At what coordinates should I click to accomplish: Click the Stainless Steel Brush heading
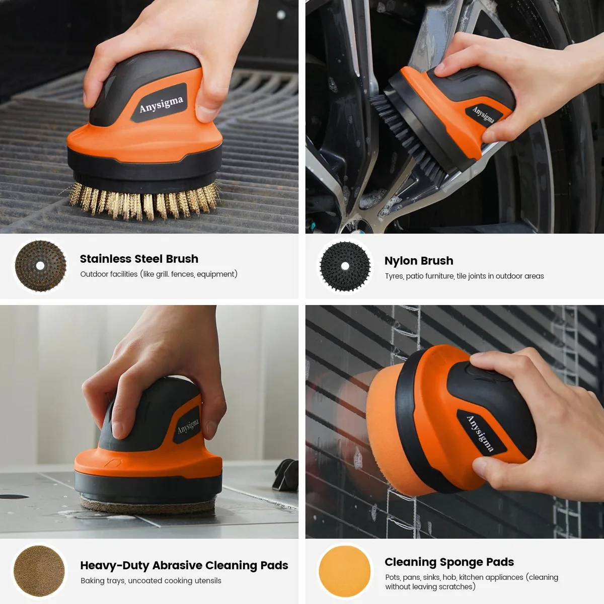pyautogui.click(x=139, y=259)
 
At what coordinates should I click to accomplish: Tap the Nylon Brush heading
pyautogui.click(x=419, y=261)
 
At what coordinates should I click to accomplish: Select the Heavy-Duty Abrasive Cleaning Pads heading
pyautogui.click(x=184, y=565)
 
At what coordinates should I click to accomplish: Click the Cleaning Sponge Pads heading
pyautogui.click(x=449, y=562)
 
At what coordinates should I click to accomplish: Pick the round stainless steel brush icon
pyautogui.click(x=40, y=266)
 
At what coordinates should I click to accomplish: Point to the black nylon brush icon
pyautogui.click(x=345, y=266)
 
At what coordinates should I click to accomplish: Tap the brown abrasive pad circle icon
pyautogui.click(x=39, y=571)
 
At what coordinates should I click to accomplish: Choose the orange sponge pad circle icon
pyautogui.click(x=344, y=571)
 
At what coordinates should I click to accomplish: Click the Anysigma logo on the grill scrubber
pyautogui.click(x=161, y=104)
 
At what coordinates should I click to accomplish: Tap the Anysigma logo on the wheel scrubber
pyautogui.click(x=483, y=115)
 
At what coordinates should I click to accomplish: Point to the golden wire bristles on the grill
pyautogui.click(x=144, y=201)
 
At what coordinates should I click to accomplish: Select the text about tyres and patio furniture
pyautogui.click(x=464, y=276)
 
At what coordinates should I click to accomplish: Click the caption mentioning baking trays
pyautogui.click(x=151, y=581)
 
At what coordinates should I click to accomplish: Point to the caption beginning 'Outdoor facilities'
pyautogui.click(x=159, y=274)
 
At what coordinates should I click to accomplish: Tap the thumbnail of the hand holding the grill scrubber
pyautogui.click(x=149, y=117)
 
